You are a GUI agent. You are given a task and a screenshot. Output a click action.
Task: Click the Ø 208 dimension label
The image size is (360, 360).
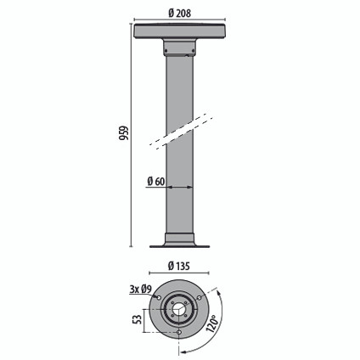(180, 13)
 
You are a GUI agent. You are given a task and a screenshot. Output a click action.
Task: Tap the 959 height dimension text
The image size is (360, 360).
(124, 132)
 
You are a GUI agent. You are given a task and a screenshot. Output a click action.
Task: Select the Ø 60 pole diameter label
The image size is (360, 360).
(156, 181)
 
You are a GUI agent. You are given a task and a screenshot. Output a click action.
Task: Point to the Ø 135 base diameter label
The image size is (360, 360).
(179, 266)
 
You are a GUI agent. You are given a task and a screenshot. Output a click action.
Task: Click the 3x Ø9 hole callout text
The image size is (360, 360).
(141, 289)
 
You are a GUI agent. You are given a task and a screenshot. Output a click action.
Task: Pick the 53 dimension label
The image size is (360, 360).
(137, 319)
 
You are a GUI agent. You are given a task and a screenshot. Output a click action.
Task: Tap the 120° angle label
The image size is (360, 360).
(213, 323)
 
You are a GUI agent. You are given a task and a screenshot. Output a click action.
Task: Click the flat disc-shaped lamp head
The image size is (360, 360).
(180, 31)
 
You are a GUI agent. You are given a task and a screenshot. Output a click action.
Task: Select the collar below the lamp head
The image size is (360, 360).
(179, 48)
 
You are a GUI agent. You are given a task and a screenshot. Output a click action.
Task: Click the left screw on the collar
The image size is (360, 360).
(166, 51)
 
